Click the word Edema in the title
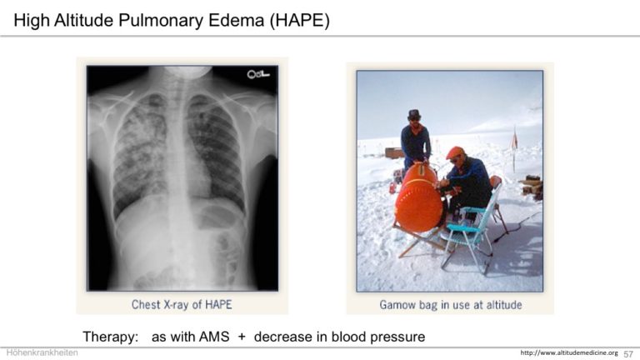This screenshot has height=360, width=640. (236, 20)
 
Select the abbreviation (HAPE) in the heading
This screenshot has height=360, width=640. (299, 21)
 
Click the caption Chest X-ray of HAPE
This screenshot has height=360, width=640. (182, 304)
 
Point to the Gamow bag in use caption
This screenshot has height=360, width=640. (451, 305)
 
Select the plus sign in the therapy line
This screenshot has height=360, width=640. (242, 337)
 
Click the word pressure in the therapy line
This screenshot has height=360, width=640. (398, 337)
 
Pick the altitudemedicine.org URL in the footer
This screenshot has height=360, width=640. (569, 352)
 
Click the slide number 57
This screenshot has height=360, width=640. (628, 353)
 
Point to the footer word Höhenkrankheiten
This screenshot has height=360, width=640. (42, 352)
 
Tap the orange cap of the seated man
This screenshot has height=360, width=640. (455, 152)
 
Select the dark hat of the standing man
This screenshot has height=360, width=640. (414, 114)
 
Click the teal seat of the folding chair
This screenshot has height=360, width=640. (464, 227)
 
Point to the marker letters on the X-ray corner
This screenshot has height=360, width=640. (258, 74)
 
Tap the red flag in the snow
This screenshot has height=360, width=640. (515, 140)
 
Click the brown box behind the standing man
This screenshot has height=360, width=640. (394, 153)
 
